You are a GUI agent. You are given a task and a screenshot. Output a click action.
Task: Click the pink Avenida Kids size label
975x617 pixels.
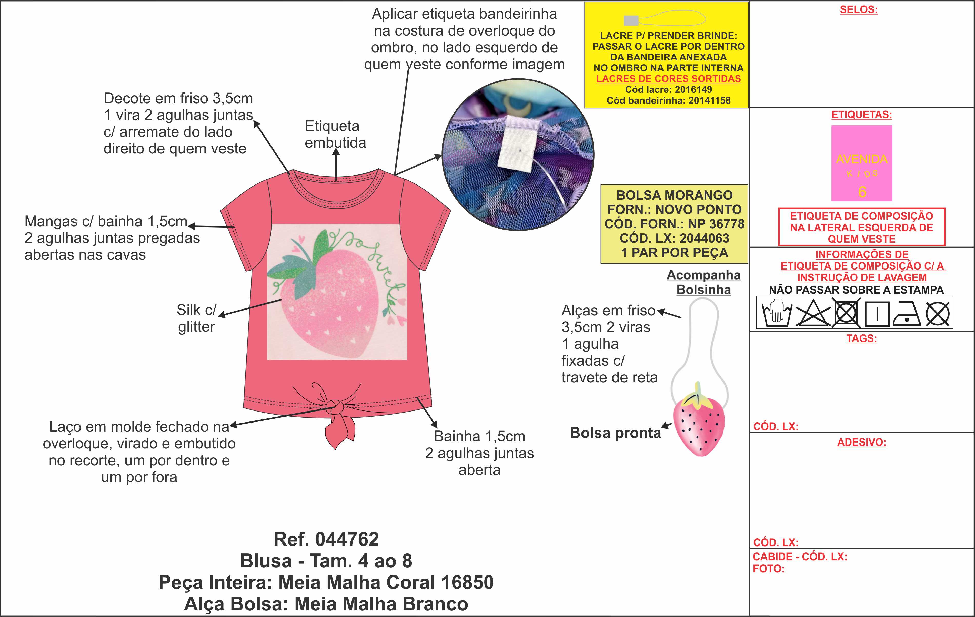point(862,163)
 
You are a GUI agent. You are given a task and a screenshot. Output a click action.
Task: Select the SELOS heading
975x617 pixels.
point(858,10)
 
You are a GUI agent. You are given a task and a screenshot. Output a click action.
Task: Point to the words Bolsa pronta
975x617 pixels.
point(615,433)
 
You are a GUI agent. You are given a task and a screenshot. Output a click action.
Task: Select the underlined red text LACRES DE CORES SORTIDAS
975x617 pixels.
point(668,78)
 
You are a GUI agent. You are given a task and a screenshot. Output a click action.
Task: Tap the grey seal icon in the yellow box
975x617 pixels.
point(630,20)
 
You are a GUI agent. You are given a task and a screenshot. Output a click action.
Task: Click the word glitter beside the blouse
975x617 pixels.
point(196,326)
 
